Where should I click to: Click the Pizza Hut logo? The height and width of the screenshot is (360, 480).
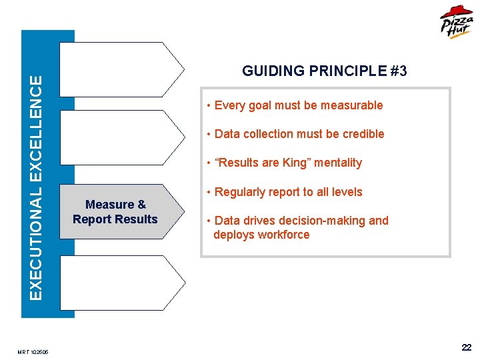[x=457, y=23]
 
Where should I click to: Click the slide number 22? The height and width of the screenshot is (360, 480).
[x=466, y=347]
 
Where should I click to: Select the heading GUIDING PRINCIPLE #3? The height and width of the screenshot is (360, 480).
[x=324, y=71]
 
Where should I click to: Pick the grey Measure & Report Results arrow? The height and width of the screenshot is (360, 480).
[x=120, y=212]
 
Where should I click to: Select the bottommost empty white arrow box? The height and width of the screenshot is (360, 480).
[x=120, y=283]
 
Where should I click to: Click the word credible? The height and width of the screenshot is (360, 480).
[x=363, y=134]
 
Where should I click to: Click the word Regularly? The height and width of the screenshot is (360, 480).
[x=239, y=192]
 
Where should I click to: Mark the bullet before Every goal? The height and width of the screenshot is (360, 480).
[x=209, y=105]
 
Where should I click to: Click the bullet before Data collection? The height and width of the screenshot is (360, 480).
[x=209, y=134]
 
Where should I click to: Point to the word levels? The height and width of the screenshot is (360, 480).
[x=347, y=192]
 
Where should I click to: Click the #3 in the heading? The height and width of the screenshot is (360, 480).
[x=399, y=71]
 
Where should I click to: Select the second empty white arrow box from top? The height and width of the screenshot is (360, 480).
[x=120, y=137]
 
